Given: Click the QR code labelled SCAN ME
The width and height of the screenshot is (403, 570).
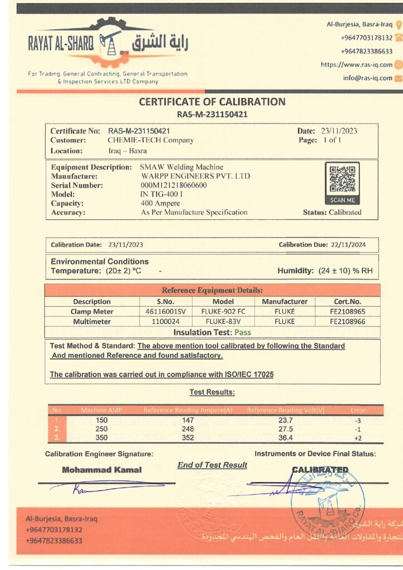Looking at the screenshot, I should pos(342,179).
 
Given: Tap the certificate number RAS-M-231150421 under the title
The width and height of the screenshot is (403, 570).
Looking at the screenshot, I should pos(212,114).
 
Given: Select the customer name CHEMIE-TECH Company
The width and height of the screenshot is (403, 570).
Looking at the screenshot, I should pos(151,140).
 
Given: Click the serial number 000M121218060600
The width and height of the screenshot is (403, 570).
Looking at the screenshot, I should pos(174,185).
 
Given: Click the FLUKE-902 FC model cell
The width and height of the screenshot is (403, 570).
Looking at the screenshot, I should pos(223,312).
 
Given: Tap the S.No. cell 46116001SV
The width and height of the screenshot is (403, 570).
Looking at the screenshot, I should pos(165,312).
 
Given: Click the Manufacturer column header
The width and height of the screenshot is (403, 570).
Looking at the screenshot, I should pos(284,302).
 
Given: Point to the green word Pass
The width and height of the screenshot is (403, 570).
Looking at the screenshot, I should pos(242,332).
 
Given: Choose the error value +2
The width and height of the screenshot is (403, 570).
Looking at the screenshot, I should pos(358,438).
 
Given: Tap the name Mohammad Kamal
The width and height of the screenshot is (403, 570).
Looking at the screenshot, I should pos(102,470).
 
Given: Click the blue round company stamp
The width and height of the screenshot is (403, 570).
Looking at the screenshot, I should pos(328,498).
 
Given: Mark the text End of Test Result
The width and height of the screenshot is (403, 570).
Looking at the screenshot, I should pos(212,465).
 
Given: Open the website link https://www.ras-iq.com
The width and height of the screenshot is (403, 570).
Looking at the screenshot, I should pos(356,65).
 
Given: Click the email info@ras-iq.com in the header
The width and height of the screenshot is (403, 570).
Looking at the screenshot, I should pos(367,78).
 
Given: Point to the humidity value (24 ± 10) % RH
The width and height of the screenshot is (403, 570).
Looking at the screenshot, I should pos(346,271).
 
